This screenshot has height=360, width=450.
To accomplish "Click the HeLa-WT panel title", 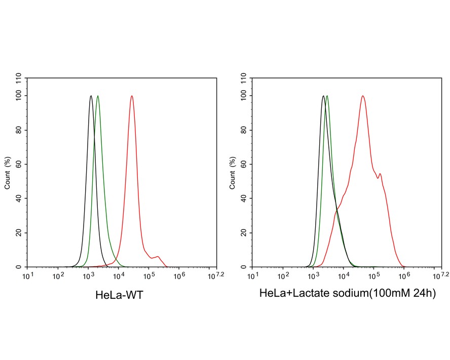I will pyautogui.click(x=120, y=295).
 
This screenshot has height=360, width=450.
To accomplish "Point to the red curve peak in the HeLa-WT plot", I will pyautogui.click(x=132, y=96).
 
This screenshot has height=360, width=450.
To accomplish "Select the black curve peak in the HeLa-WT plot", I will pyautogui.click(x=91, y=96).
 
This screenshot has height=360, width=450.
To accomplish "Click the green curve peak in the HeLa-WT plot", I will pyautogui.click(x=98, y=96).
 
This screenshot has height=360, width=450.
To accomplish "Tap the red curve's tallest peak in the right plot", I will pyautogui.click(x=363, y=96).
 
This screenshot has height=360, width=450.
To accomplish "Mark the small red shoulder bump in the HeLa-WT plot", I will pyautogui.click(x=158, y=257).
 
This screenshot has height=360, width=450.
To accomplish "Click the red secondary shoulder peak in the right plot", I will pyautogui.click(x=380, y=174).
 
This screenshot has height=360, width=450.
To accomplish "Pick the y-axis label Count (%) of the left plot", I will pyautogui.click(x=8, y=172).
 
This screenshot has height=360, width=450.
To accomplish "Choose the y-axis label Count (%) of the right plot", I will pyautogui.click(x=233, y=172).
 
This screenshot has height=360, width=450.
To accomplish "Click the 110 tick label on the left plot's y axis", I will pyautogui.click(x=19, y=78).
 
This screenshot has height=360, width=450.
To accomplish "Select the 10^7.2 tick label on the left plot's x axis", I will pyautogui.click(x=217, y=275).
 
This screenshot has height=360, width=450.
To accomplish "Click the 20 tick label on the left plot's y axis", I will pyautogui.click(x=19, y=233).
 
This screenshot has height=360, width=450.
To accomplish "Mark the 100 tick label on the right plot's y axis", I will pyautogui.click(x=243, y=96).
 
